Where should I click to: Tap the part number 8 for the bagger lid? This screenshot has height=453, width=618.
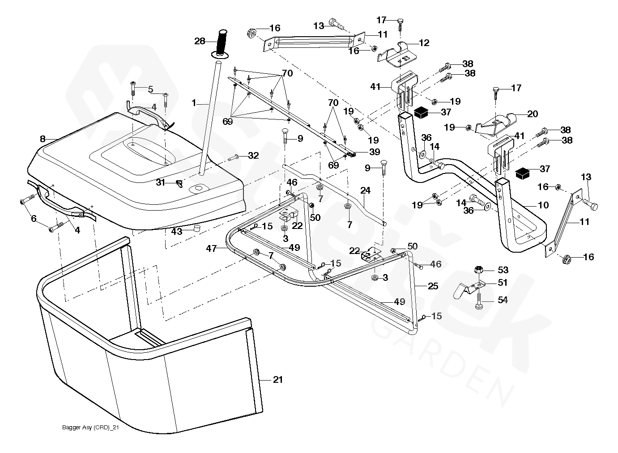pos(43,139)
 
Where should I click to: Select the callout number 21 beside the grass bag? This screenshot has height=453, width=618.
pos(278,380)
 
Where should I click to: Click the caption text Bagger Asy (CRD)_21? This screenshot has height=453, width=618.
pos(90,428)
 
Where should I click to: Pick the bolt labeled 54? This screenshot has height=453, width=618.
pos(479,302)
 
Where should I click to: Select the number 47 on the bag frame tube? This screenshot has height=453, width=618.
pos(212,249)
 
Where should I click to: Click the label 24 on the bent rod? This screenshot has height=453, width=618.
pos(365,190)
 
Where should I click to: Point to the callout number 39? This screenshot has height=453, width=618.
pos(375,152)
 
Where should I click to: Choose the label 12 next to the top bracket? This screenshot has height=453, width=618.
pos(424,43)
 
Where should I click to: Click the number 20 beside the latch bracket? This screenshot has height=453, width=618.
pos(533,114)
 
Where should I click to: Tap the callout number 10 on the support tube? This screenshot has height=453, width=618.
pos(543,205)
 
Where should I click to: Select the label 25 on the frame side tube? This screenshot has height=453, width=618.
pos(433,286)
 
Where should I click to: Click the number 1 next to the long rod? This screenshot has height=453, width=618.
pos(194,103)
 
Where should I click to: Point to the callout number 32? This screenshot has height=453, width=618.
pos(254,156)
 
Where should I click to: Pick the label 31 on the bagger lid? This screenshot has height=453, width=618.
pos(161,182)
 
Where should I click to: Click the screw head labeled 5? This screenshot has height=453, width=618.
pos(133,83)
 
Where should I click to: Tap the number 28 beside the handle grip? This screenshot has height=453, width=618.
pos(200,41)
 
